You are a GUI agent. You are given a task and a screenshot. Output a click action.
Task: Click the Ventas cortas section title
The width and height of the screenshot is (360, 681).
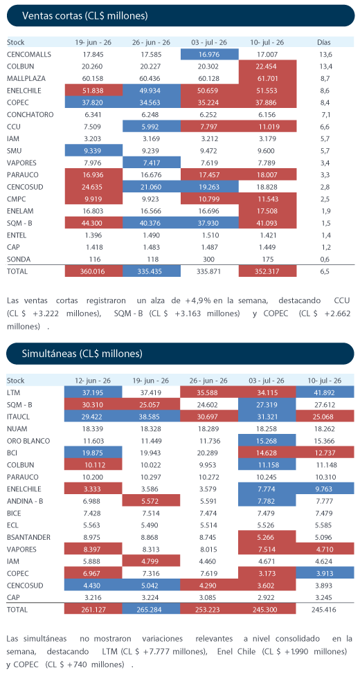click(x=84, y=17)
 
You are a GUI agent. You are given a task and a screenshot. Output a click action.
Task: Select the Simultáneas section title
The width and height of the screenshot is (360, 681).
click(x=82, y=354)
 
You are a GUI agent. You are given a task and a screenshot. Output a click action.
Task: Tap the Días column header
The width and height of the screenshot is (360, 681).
click(x=324, y=43)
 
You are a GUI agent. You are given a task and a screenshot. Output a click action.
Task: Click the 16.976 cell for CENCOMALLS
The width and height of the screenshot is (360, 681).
click(x=210, y=54)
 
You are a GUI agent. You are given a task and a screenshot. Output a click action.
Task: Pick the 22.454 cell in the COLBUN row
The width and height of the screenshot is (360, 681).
click(x=267, y=66)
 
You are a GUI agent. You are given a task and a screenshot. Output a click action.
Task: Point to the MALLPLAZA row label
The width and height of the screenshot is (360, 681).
click(x=26, y=79)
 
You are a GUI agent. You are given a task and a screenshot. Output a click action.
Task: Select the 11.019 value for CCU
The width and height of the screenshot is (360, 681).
click(x=267, y=127)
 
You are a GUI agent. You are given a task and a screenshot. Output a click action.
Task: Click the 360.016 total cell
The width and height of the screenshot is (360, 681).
click(x=93, y=271)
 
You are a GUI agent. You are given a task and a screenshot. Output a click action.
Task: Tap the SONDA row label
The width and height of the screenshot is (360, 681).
click(x=17, y=260)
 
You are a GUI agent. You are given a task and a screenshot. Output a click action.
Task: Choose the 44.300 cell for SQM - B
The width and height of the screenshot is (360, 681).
click(x=93, y=224)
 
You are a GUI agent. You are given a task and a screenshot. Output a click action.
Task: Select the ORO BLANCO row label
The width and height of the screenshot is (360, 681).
click(x=28, y=441)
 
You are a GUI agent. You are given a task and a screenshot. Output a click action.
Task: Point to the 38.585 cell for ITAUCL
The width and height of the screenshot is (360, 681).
click(x=151, y=417)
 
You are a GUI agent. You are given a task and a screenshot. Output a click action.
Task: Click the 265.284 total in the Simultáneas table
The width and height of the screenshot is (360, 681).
click(x=151, y=609)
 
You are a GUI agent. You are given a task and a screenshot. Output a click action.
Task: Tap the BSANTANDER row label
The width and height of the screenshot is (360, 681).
click(x=29, y=537)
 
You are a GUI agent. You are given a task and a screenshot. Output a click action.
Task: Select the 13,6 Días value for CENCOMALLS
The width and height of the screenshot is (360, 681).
click(x=324, y=54)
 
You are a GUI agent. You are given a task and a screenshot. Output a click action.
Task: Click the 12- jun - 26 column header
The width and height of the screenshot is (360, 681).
click(x=93, y=381)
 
